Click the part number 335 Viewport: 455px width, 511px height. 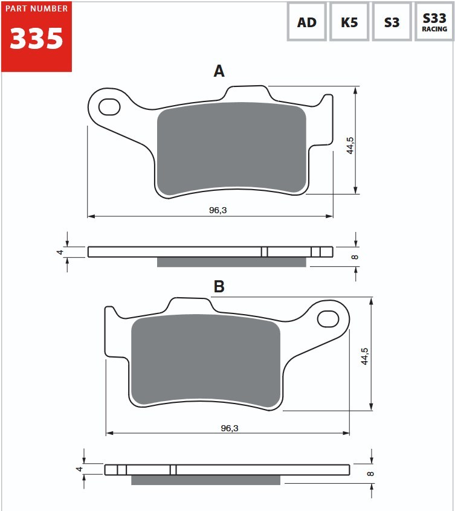[36, 39]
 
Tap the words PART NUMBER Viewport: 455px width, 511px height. [36, 8]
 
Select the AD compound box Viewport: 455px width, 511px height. [307, 22]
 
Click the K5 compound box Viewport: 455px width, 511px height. [349, 22]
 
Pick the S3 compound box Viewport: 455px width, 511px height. [392, 22]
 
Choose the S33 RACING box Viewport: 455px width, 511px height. [434, 22]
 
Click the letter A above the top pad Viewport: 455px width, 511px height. [219, 71]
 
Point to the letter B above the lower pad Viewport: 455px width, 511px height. [219, 286]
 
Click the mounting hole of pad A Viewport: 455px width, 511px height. [109, 106]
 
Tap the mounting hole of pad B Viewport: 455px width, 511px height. [328, 319]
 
